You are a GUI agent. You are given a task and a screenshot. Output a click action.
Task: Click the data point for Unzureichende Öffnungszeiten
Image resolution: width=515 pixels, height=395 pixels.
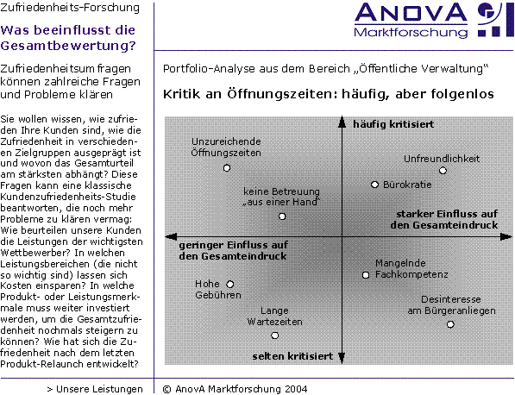click(x=227, y=168)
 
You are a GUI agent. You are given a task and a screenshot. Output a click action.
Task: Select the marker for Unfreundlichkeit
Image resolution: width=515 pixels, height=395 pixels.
click(x=443, y=171)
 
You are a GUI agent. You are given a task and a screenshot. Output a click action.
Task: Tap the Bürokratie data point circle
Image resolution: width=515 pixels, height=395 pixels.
click(x=374, y=185)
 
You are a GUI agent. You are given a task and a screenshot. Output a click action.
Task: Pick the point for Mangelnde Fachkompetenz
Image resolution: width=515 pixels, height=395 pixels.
click(x=366, y=275)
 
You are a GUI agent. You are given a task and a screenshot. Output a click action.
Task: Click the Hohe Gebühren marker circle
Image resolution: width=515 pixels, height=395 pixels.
click(x=230, y=284)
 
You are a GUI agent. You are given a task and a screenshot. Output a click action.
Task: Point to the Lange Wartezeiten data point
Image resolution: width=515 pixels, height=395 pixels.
click(x=275, y=335)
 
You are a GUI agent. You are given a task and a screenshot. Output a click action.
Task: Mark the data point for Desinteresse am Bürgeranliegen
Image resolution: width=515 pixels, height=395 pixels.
click(x=450, y=324)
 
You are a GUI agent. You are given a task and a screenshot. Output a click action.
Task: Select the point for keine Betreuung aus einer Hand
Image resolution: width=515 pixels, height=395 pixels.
click(x=282, y=216)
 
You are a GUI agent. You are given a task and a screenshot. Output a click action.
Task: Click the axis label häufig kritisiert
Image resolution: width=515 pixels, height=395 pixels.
click(x=393, y=124)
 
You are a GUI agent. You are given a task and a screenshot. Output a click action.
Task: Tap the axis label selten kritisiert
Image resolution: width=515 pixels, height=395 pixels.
click(x=292, y=356)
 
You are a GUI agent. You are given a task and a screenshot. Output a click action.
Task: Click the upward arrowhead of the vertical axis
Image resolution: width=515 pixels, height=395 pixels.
click(x=342, y=122)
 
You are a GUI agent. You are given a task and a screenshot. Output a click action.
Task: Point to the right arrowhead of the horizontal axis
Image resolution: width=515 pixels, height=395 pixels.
click(x=506, y=236)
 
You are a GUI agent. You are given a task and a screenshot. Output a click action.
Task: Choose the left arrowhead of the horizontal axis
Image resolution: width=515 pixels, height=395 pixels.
click(x=171, y=236)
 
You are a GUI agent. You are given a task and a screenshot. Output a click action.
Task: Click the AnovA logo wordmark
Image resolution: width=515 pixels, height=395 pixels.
click(x=411, y=13)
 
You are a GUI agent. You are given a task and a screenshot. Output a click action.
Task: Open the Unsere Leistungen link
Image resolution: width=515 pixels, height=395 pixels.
click(x=95, y=389)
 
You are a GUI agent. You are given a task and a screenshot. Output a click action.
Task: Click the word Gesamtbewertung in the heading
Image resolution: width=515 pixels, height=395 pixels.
click(x=68, y=46)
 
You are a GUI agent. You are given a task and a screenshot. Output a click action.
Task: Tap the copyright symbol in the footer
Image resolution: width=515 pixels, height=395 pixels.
click(x=166, y=389)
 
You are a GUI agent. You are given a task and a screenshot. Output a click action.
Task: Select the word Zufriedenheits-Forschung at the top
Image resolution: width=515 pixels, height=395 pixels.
click(x=70, y=7)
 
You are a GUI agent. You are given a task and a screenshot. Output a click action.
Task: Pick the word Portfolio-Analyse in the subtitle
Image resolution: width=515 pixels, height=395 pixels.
click(x=209, y=69)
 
